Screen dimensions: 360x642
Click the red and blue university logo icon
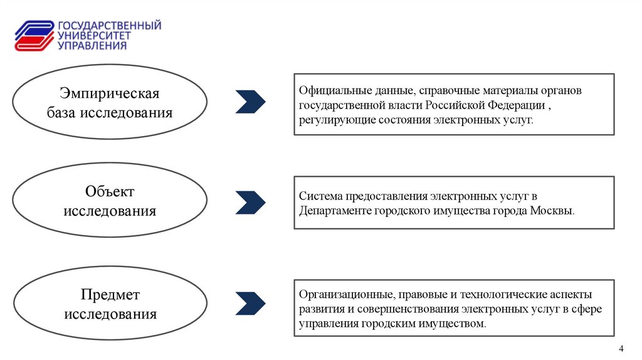pos(35,36)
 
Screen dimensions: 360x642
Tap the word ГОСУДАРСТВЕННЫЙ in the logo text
pos(110,25)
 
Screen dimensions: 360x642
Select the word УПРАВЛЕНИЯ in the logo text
pos(92,45)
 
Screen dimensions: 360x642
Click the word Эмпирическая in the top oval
pos(110,93)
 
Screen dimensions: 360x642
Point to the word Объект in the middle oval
pos(110,191)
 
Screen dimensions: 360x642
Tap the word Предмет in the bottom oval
pos(110,294)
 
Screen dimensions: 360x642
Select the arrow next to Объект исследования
pos(250,202)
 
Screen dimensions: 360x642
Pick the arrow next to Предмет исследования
pos(250,303)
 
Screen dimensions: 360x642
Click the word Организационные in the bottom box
pos(345,294)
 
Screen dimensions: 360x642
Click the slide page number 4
pos(621,349)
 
